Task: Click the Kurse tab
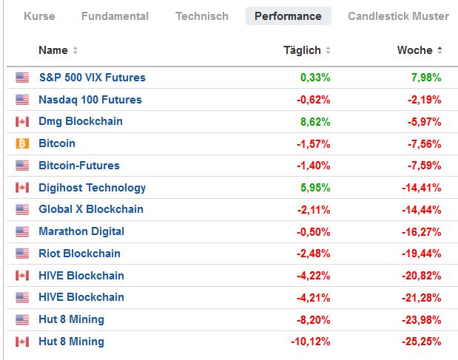39,16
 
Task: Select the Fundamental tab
115,16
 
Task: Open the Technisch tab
201,16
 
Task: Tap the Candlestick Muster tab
398,16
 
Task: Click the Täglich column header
302,50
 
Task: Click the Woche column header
414,50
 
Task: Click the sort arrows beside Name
75,51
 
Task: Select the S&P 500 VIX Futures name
92,78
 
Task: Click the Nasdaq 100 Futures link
90,100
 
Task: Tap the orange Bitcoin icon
22,143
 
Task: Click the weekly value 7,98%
426,78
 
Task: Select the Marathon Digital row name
81,231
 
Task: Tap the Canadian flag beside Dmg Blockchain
22,121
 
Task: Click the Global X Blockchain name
91,209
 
